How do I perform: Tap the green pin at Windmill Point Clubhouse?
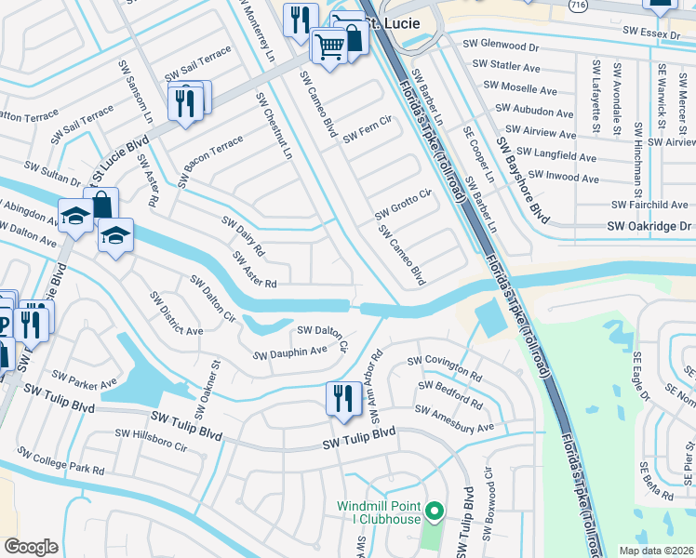[x=433, y=511]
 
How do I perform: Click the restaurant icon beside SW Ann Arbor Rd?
[x=342, y=397]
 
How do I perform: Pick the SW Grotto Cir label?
[x=404, y=205]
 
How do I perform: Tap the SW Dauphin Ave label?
[x=290, y=352]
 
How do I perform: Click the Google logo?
[x=31, y=547]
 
